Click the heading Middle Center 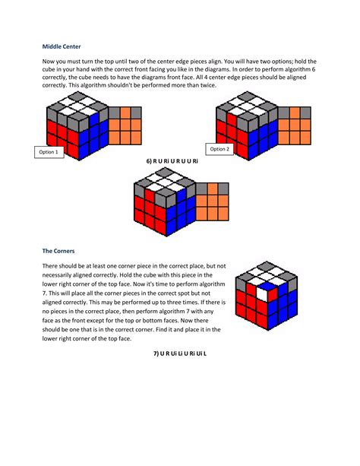click(62, 47)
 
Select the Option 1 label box click(49, 153)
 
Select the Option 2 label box click(220, 149)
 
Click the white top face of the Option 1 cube click(80, 109)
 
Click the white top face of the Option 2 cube click(250, 109)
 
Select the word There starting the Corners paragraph click(51, 265)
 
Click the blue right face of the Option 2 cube click(267, 137)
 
